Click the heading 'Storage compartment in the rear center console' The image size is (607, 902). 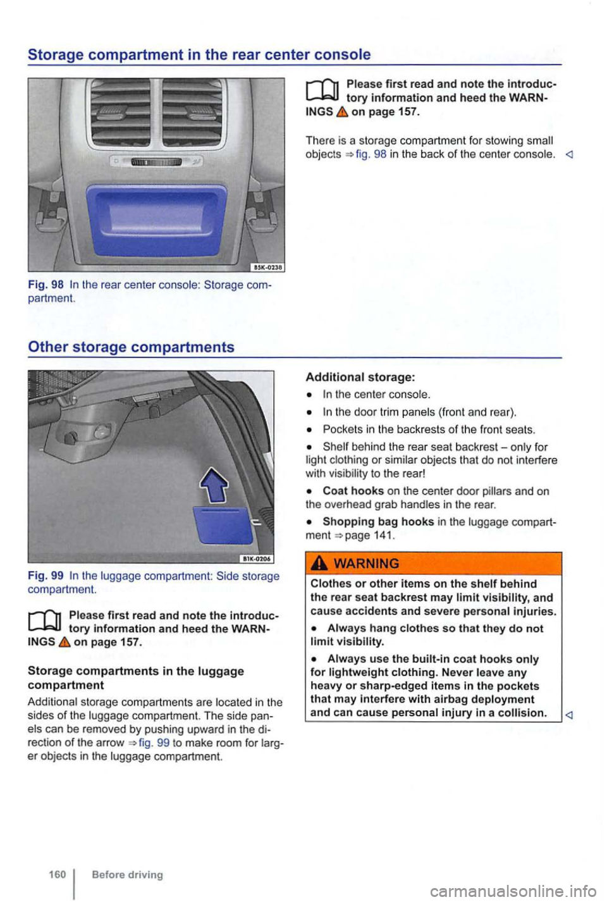199,54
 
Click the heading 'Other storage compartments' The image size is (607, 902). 131,347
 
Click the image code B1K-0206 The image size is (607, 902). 256,559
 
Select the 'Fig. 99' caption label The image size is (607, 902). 46,576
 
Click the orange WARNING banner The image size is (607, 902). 433,563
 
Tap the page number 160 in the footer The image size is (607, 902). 57,874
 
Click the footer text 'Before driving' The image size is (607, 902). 127,874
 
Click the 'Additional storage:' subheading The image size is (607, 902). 360,377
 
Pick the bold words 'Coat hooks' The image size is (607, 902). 353,491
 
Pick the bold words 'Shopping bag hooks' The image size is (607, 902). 378,522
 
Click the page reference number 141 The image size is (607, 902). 383,535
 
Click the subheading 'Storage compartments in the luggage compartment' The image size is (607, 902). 136,677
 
